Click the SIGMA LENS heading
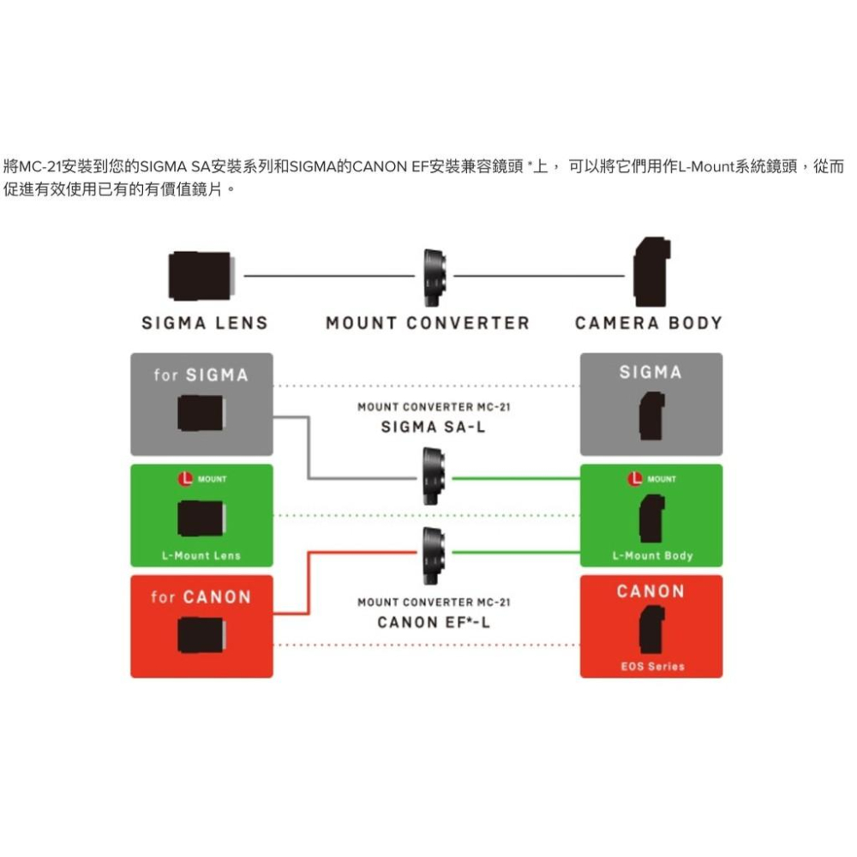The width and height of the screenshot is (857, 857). point(205,323)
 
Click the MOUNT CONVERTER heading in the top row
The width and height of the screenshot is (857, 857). point(428,323)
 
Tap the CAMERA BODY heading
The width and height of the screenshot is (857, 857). point(649,323)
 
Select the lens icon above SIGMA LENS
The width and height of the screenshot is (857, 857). point(200,275)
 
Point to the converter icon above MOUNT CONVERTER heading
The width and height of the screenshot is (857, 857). point(434,275)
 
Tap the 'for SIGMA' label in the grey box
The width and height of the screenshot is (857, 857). point(201,375)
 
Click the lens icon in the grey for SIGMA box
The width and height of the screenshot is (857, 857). point(201,414)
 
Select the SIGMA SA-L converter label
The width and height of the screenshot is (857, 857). point(433,428)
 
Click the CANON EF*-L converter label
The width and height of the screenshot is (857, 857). point(434,622)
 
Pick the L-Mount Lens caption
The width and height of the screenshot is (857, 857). point(201,555)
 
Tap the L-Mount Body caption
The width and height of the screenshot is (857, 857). point(652,555)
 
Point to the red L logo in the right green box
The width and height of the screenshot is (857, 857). point(635,479)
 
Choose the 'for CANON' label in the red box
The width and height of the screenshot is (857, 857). point(201,596)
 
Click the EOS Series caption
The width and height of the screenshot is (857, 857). point(652,666)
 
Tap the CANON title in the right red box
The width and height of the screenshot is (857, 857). point(651,591)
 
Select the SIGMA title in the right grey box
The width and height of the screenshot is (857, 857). point(651,372)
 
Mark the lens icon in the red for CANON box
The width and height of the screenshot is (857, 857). point(201,635)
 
